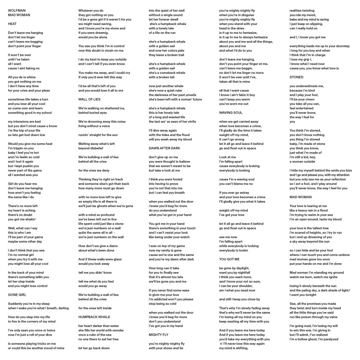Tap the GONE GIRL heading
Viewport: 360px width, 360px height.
pos(18,295)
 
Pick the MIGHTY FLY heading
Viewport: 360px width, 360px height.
pos(159,334)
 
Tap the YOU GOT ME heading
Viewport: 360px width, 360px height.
pos(228,259)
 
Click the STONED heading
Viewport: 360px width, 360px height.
pos(297,78)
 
